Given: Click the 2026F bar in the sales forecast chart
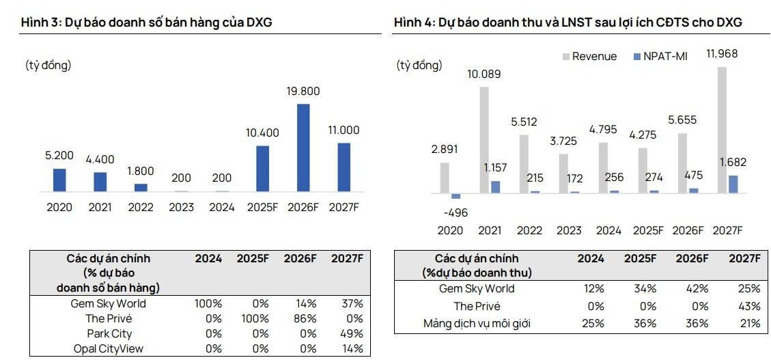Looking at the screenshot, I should click(303, 148).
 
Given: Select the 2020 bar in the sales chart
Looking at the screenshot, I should click(59, 180).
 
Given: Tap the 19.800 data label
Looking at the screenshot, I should click(303, 92).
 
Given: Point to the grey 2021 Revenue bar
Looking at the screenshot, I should click(484, 139).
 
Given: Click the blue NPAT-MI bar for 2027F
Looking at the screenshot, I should click(733, 184).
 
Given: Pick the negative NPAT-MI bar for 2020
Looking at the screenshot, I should click(456, 196).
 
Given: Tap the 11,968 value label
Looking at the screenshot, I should click(722, 54).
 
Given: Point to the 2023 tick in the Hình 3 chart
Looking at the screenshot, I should click(181, 207).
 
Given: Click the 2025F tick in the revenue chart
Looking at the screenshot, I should click(648, 230).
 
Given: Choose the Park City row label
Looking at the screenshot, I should click(109, 334).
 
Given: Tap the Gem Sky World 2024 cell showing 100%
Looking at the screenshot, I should click(208, 303).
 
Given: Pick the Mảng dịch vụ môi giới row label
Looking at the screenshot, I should click(476, 324).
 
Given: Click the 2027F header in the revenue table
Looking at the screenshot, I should click(744, 259).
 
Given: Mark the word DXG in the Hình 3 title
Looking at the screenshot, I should click(259, 23).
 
